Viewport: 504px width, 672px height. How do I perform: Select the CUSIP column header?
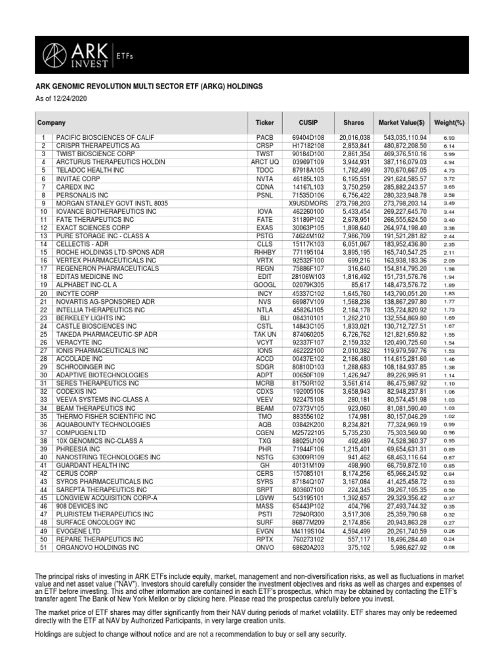pos(307,123)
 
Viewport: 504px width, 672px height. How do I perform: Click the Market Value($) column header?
pos(402,123)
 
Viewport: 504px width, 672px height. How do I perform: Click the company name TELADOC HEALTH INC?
pos(80,170)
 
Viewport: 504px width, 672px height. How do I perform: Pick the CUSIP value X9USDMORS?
pos(307,203)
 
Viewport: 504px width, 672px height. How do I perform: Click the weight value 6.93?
pos(449,137)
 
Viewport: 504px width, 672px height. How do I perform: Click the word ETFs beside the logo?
pos(125,56)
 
